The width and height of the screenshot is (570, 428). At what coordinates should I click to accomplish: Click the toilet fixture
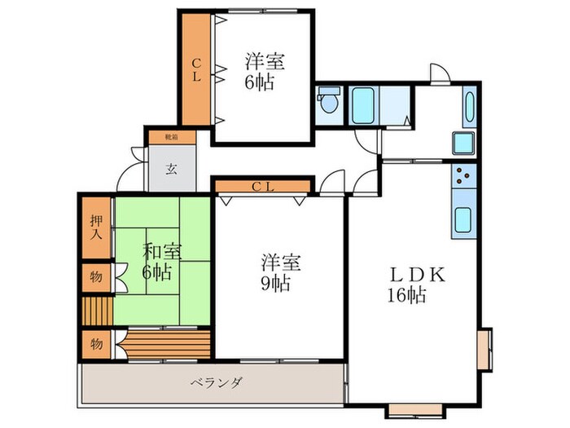coord(328,104)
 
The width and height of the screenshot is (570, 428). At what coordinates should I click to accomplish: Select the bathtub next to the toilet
coord(362,105)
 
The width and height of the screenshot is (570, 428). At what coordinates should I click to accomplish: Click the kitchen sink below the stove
coord(464,220)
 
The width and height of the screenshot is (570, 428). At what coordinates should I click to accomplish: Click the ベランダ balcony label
coord(216,382)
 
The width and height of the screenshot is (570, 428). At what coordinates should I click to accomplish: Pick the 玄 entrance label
coord(172,170)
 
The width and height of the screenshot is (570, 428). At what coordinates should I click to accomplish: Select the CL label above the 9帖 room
coord(262,187)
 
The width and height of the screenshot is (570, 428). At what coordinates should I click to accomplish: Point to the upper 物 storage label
coord(96,277)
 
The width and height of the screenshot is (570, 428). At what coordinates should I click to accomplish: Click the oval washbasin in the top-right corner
coord(470,108)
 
